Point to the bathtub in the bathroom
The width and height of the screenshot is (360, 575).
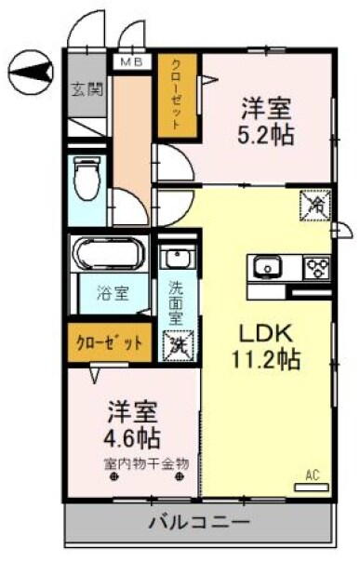click(110, 256)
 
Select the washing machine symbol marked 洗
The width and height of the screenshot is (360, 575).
click(177, 343)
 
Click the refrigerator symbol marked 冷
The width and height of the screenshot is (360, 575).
click(314, 205)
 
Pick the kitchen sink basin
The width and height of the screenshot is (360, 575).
click(269, 268)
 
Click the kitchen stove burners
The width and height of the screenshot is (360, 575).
click(318, 268)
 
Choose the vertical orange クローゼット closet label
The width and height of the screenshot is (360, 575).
click(175, 96)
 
